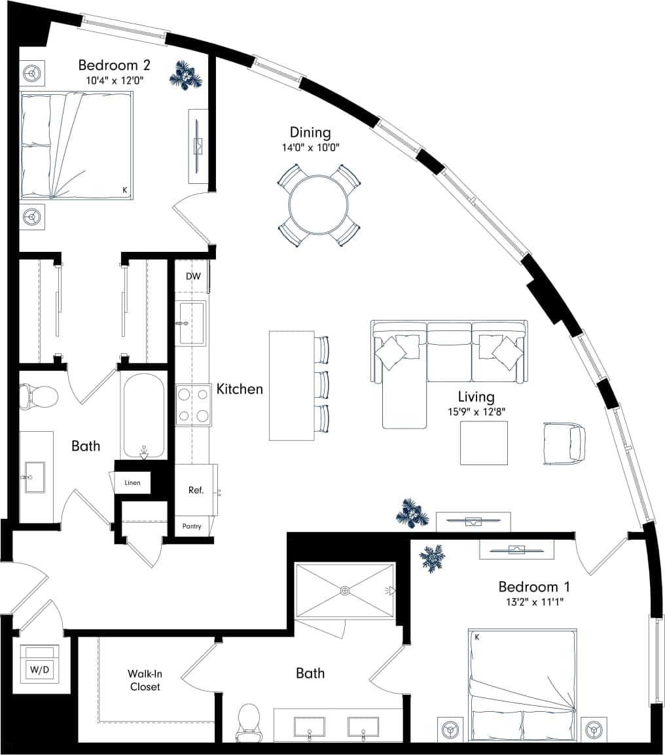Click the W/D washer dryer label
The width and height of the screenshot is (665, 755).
(39, 670)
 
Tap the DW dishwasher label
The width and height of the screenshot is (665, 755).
(193, 276)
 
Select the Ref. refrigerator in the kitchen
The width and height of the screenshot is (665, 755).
(196, 489)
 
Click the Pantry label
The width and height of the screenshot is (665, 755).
(192, 526)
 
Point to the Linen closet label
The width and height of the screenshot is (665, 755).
(132, 483)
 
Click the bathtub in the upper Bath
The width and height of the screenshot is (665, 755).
(142, 415)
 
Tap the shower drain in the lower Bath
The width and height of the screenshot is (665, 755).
(345, 591)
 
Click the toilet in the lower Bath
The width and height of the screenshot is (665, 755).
(249, 722)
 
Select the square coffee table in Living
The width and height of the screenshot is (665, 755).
(484, 443)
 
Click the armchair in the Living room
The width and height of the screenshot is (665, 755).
(565, 443)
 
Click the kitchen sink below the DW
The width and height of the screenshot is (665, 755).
(192, 323)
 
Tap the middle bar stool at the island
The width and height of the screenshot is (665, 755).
(321, 384)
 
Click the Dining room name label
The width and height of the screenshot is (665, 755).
(310, 133)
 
